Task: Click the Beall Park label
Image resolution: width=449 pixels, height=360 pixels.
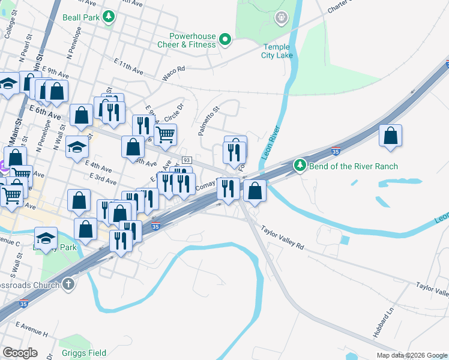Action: pos(80,18)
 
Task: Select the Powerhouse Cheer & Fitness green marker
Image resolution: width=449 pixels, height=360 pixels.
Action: pos(225,40)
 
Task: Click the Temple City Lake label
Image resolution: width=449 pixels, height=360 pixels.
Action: pos(277,51)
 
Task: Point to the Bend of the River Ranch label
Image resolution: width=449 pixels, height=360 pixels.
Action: pos(353,166)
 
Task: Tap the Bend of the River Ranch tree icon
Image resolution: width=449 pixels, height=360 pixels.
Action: pos(300,165)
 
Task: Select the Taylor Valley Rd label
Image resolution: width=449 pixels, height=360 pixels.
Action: pos(283,237)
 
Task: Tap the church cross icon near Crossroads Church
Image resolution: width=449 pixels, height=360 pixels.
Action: pos(69,285)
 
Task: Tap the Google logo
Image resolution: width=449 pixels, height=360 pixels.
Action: pos(20,353)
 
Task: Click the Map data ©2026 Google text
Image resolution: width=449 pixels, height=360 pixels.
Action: pos(411,355)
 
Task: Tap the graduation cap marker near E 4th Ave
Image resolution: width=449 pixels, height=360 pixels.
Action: pos(77,147)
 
